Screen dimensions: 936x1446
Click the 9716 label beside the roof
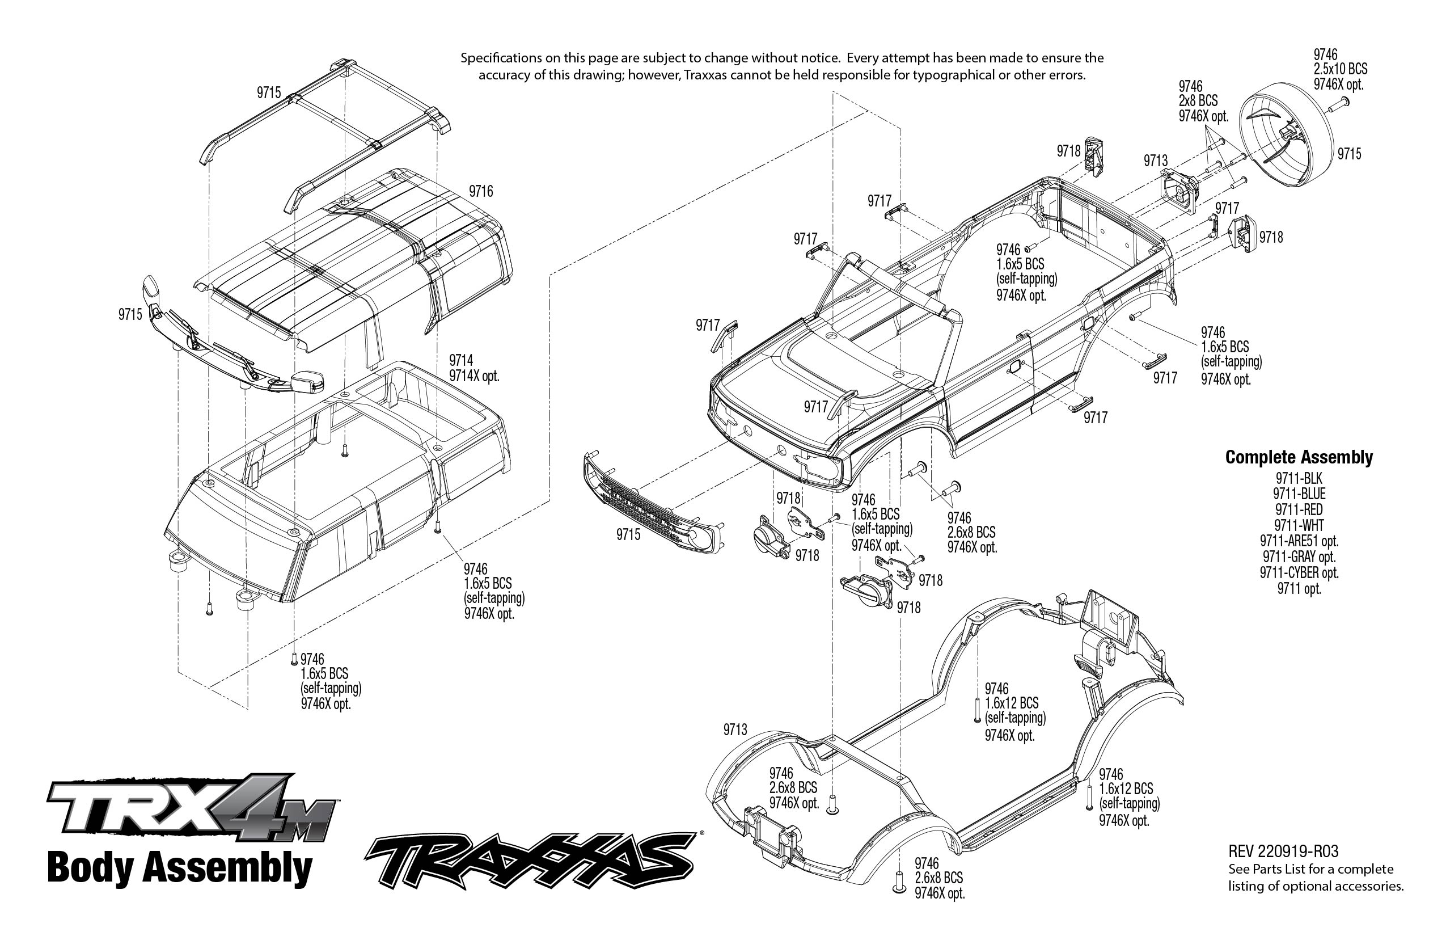(481, 192)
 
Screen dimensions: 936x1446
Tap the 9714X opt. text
(474, 376)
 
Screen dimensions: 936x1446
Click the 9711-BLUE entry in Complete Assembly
(1299, 494)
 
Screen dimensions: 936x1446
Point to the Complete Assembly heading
(1299, 457)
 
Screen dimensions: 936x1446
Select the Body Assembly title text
(179, 868)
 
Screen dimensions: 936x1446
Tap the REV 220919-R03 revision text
(1283, 851)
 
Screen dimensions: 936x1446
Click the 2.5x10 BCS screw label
(1341, 69)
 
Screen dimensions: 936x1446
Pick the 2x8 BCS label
(1198, 101)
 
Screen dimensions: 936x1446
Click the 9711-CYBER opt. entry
(1299, 572)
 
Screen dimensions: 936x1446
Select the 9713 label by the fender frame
(734, 730)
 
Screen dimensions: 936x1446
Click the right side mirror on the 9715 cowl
(307, 382)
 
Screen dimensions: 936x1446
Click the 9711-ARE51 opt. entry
(1299, 541)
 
